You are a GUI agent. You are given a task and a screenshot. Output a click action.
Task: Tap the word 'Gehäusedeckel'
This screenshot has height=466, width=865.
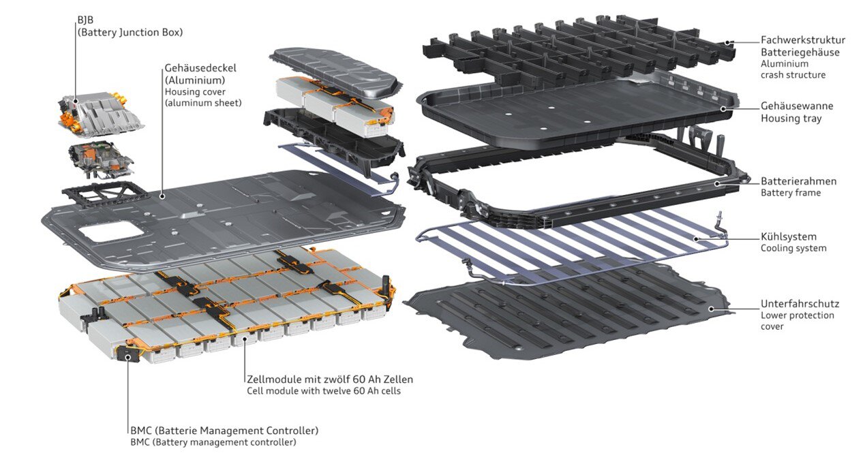pos(197,68)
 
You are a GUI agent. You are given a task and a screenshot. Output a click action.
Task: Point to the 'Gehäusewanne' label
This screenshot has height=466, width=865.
pos(796,106)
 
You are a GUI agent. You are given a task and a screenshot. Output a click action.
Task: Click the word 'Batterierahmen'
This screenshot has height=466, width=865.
pos(798,181)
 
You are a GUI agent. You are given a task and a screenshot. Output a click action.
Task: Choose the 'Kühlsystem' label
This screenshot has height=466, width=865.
pos(788,236)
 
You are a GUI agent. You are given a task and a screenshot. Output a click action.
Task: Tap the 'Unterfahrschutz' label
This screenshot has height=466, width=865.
pos(799,304)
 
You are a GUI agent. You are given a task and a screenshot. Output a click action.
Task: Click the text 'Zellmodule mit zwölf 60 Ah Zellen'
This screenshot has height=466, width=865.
pos(329,379)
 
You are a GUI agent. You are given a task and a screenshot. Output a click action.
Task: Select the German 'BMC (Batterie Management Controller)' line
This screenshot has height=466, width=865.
pos(224,431)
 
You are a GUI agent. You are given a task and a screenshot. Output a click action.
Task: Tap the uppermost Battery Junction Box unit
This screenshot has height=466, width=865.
pos(100,112)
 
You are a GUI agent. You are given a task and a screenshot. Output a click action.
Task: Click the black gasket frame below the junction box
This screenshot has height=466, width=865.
pos(104,195)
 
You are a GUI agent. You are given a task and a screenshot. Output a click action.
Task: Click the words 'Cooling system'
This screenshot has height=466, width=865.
pos(793,249)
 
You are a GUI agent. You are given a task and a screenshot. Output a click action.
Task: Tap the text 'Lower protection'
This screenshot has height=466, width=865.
pos(797,315)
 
